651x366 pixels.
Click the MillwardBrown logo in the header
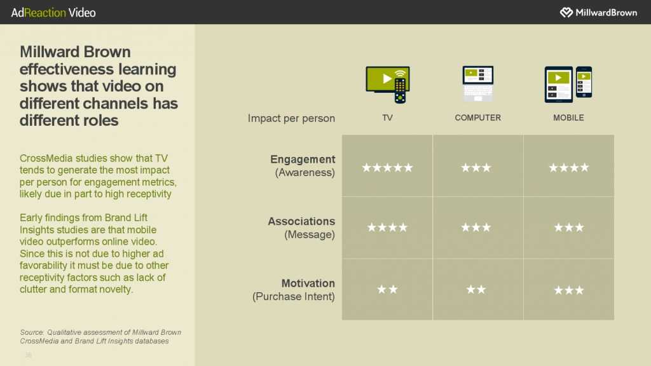[598, 13]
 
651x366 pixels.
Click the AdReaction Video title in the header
[53, 13]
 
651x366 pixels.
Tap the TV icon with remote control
[388, 85]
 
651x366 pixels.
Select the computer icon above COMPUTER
[478, 83]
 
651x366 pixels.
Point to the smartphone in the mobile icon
[584, 82]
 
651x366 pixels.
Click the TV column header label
[387, 118]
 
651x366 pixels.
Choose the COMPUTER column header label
[478, 118]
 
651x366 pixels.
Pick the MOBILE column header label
[568, 118]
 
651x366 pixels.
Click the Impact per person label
[291, 118]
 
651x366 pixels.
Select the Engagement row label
[303, 159]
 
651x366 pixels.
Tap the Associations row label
[301, 221]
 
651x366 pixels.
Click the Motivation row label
[308, 283]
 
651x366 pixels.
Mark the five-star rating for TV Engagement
[387, 168]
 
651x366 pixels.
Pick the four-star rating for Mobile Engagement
[569, 168]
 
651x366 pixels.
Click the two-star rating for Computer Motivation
[476, 289]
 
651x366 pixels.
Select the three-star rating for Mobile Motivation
[569, 290]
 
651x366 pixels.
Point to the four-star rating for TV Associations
[387, 227]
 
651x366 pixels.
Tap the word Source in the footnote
[32, 332]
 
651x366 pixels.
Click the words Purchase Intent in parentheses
[294, 297]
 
